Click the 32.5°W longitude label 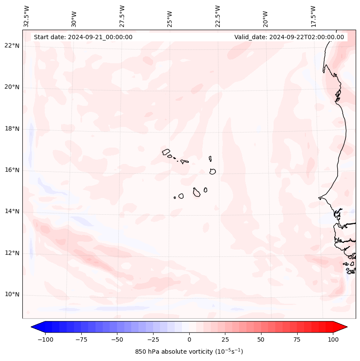point(27,16)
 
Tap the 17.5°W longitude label point(313,16)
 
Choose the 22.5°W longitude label point(218,16)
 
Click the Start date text point(83,37)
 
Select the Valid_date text point(289,37)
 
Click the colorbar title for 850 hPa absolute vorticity point(189,352)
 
